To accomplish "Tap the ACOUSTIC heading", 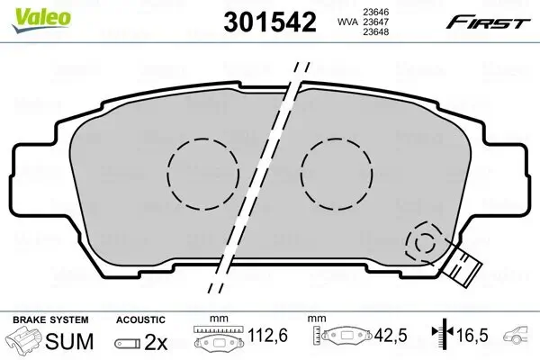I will coord(141,319).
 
